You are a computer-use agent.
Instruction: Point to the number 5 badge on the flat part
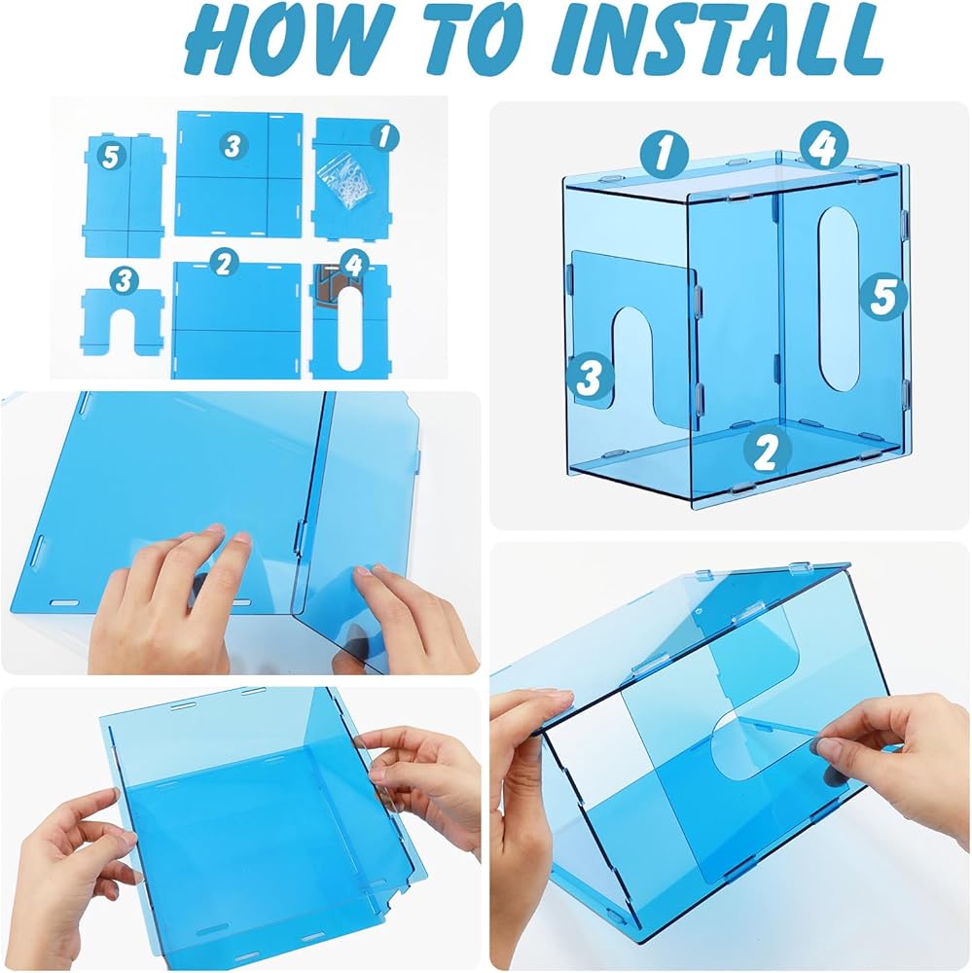111,157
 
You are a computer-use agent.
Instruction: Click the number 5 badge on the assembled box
882,296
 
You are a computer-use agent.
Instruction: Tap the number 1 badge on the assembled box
665,154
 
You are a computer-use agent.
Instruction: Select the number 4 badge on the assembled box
823,147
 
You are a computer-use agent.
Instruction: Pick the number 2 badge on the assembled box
767,450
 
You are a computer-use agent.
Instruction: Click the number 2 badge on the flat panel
223,264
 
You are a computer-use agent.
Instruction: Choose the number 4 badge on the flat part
354,265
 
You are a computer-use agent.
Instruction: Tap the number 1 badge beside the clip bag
385,137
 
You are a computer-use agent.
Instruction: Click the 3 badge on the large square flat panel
233,147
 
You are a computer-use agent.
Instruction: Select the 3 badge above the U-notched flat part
125,281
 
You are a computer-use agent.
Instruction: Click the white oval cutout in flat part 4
352,330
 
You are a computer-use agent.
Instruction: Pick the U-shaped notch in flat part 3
123,329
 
